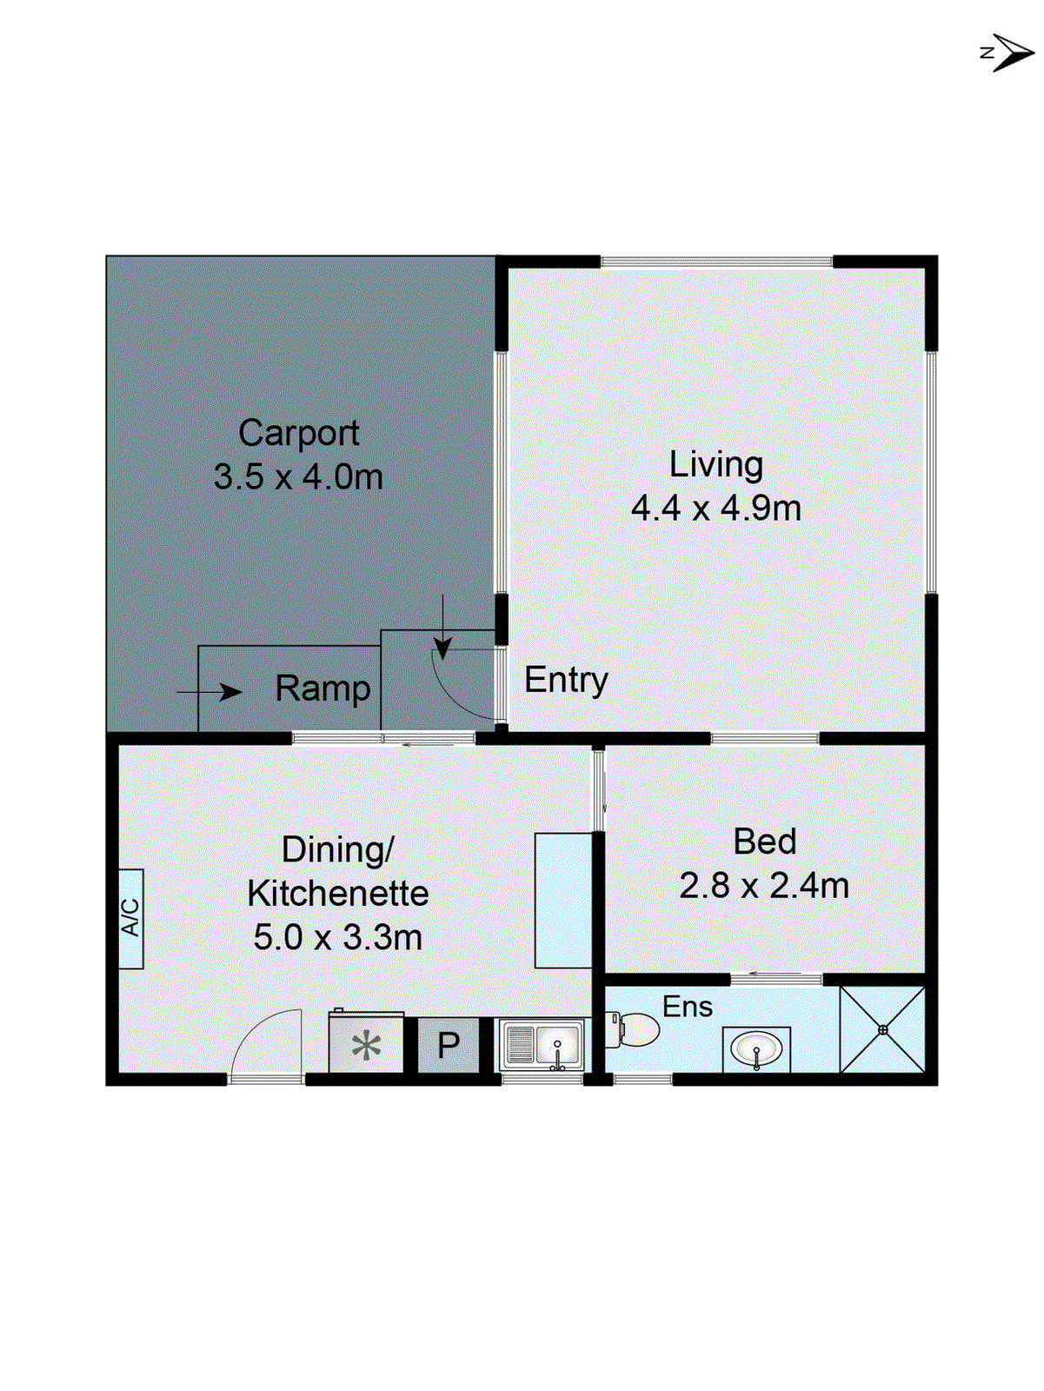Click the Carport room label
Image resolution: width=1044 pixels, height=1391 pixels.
pos(298,433)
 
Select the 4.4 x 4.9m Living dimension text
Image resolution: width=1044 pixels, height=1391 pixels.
pos(715,509)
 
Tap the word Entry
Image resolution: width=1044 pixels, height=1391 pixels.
pos(566,680)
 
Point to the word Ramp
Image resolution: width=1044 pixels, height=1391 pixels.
pos(323,689)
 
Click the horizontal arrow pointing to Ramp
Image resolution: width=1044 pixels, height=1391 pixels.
pos(209,692)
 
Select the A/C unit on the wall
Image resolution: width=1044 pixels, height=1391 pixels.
pos(130,918)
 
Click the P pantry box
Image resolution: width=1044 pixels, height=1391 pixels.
pos(448,1045)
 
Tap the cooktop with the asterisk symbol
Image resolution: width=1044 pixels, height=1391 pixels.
pos(366,1043)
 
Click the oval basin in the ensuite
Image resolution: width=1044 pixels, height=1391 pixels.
pos(756,1048)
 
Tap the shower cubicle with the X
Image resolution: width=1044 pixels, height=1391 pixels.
pos(882,1029)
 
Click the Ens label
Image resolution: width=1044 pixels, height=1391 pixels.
pos(687,1007)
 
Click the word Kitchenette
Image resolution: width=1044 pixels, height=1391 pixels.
pos(337,894)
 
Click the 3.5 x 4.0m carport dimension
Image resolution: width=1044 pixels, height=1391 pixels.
pos(298,477)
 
